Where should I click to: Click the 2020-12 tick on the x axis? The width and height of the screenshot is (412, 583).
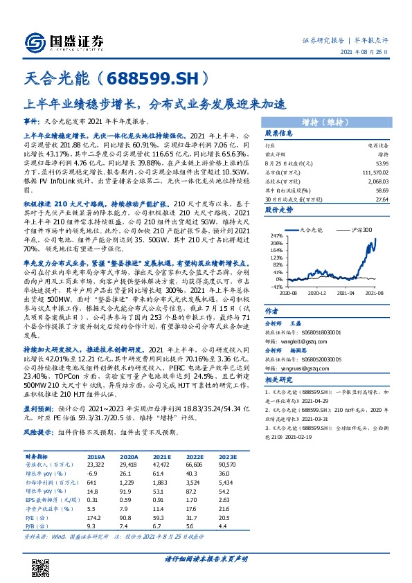click(x=317, y=293)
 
